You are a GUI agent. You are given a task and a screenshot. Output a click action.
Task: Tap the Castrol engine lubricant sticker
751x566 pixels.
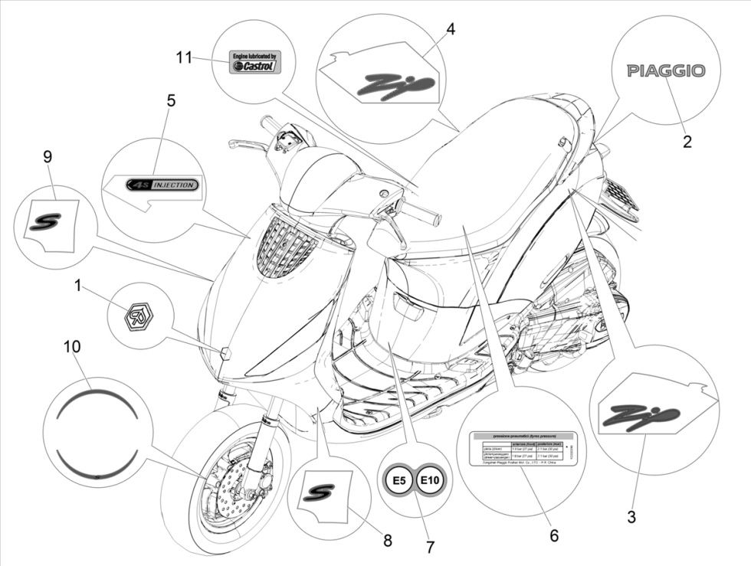click(x=256, y=62)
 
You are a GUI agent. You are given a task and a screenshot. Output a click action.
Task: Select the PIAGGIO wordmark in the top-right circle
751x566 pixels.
click(x=666, y=70)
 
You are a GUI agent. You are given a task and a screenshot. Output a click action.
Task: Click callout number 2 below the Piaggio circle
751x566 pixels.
click(x=687, y=141)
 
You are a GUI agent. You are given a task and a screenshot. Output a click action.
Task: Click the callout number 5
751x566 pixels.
click(x=170, y=100)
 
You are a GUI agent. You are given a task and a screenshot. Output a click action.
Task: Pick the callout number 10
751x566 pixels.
click(x=71, y=347)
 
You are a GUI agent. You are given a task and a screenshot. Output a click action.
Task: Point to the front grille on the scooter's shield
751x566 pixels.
click(x=284, y=244)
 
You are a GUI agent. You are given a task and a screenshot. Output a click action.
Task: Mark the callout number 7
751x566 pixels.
click(x=430, y=548)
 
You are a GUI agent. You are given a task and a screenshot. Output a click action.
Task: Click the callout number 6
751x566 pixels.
click(x=553, y=536)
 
